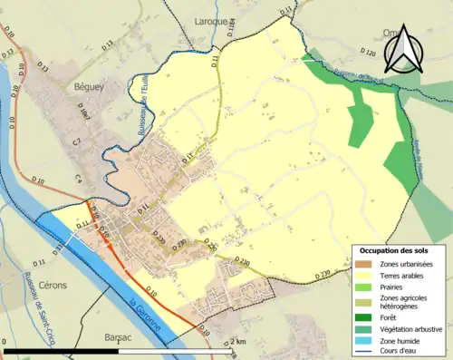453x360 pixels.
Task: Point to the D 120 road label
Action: point(367,53)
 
